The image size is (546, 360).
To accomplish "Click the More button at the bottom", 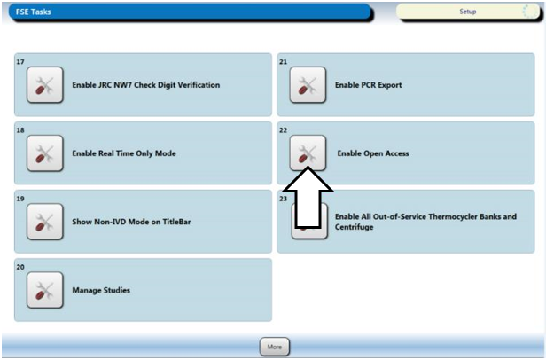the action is [x=275, y=347].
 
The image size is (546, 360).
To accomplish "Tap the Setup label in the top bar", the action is [x=468, y=12].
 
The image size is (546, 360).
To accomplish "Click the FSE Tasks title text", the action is [x=34, y=12].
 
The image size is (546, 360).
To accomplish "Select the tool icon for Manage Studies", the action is [x=45, y=290].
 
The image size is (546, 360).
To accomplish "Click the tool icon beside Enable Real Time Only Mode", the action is [x=45, y=153].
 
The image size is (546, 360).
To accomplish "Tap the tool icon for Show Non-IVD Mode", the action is [x=45, y=222].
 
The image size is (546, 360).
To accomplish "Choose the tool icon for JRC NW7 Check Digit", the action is [x=45, y=85].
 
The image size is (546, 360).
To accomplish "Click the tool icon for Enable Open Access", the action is [x=308, y=153].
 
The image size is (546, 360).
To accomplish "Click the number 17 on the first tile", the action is [x=20, y=62].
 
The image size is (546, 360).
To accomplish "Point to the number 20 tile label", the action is [x=20, y=267].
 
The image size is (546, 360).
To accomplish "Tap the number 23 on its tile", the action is [x=284, y=199].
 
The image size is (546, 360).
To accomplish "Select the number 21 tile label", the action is [x=284, y=62].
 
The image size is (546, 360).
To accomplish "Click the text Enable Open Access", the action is [x=373, y=153].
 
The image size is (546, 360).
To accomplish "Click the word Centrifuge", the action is [x=355, y=227].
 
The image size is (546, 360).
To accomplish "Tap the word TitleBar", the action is [x=176, y=222].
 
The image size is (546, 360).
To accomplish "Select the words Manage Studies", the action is [x=101, y=290].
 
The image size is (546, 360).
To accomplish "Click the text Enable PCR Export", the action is [x=369, y=85].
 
